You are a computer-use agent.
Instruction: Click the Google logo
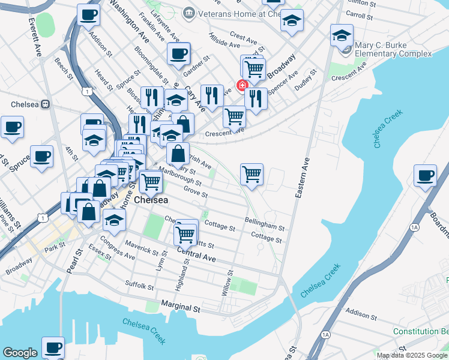point(20,353)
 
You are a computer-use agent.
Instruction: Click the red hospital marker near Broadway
point(243,85)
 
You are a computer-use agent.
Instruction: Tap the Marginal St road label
point(179,308)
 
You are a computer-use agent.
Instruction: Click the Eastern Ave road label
point(301,178)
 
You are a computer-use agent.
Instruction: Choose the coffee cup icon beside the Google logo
point(52,347)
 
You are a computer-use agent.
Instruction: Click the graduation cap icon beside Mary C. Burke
point(342,35)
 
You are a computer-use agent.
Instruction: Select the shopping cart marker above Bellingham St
point(252,174)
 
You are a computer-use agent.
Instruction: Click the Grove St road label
point(196,193)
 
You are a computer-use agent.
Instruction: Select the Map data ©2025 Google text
point(412,355)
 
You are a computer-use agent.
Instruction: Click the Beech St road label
point(63,69)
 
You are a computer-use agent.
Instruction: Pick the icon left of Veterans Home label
point(189,12)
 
